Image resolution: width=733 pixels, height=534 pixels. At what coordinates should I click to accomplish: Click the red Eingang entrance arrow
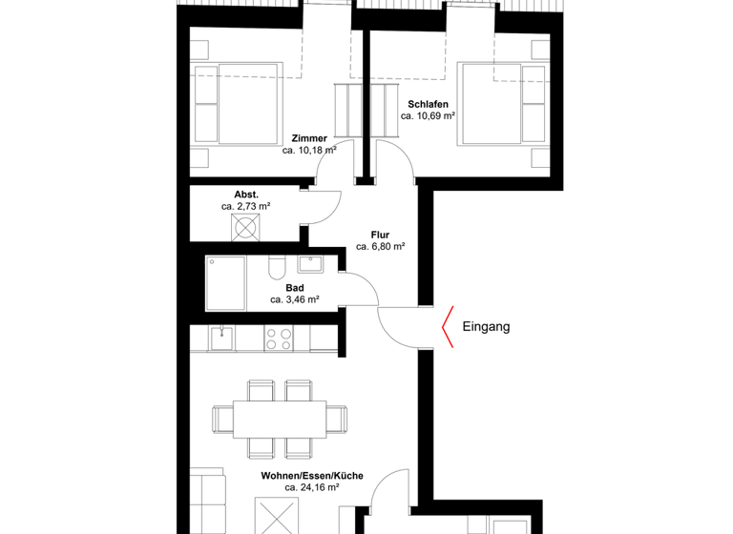coord(446,327)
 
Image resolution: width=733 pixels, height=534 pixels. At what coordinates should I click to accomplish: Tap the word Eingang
coord(486,327)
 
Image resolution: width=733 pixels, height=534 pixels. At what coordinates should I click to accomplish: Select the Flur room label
coord(381,233)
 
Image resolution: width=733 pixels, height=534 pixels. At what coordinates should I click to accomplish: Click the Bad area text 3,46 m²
coord(295,299)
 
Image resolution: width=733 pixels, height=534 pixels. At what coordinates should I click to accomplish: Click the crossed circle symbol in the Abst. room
coord(246,228)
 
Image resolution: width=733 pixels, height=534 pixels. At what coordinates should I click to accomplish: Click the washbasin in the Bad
coord(311,266)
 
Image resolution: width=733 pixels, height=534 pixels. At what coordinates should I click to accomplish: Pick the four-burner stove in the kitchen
coord(279,338)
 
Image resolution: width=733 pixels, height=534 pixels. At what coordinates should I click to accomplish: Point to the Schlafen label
coord(427,104)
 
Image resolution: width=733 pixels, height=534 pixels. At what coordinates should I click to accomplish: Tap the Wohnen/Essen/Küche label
coord(301,474)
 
